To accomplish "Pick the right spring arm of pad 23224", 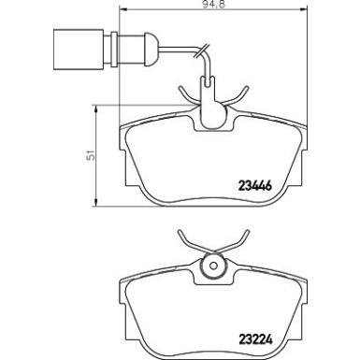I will click(238, 240).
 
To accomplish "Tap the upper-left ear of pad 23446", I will click(129, 128).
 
